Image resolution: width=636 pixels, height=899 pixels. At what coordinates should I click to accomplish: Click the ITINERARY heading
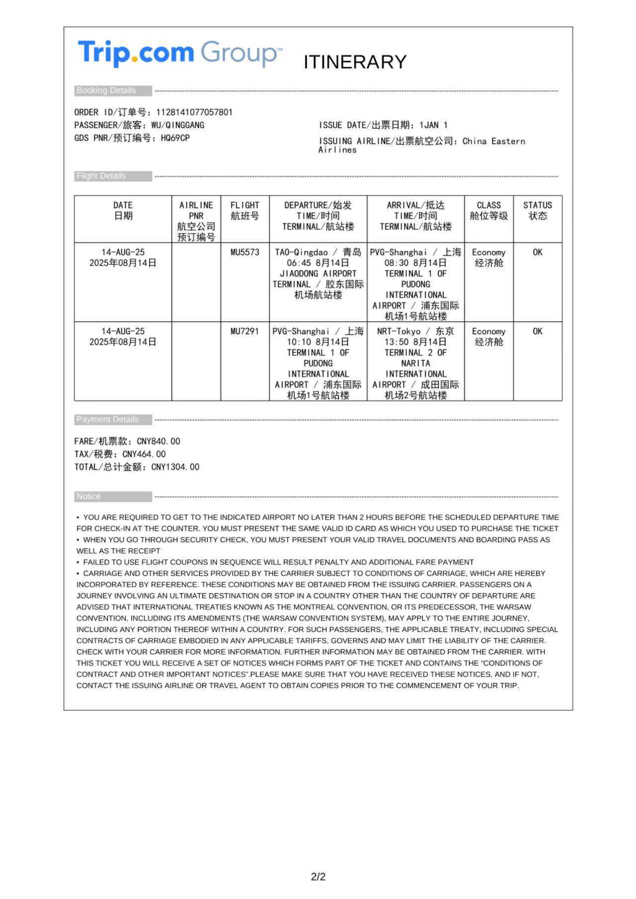(x=355, y=62)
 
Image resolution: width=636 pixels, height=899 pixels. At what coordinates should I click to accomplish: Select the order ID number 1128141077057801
(x=194, y=112)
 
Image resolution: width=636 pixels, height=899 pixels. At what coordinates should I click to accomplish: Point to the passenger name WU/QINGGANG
(x=177, y=125)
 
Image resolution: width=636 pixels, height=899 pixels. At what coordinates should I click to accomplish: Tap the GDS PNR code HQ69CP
(x=175, y=138)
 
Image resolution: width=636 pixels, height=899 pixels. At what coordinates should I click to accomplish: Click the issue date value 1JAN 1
(x=433, y=125)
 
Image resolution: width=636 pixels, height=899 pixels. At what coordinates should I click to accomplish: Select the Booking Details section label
(x=106, y=90)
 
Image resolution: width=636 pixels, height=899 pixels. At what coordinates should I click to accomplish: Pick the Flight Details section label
(x=101, y=176)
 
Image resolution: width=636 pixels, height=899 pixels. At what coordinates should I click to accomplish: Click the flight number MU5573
(x=245, y=252)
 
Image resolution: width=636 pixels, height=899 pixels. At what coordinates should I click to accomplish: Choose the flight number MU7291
(x=245, y=331)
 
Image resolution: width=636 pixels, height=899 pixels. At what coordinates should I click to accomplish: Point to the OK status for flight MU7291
(x=538, y=331)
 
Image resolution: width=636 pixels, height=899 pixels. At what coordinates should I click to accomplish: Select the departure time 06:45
(x=300, y=263)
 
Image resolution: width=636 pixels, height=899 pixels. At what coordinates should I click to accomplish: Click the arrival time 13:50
(x=397, y=342)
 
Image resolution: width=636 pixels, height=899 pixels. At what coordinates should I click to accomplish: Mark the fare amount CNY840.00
(x=159, y=441)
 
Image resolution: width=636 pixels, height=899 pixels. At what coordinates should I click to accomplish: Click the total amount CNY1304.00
(x=175, y=467)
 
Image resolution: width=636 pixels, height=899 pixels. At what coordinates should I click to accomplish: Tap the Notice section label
(x=88, y=496)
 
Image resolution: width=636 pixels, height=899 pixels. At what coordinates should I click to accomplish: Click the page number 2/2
(x=318, y=877)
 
